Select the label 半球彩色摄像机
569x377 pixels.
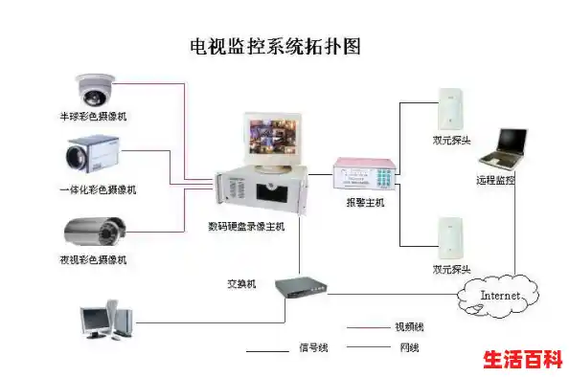click(x=93, y=116)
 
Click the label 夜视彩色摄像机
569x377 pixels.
click(x=93, y=259)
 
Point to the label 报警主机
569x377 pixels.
click(x=364, y=204)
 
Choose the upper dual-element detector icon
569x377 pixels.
click(x=449, y=108)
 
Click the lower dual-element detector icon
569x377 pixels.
click(x=449, y=238)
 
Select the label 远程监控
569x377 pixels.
click(x=495, y=180)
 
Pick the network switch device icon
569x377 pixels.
click(x=301, y=288)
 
